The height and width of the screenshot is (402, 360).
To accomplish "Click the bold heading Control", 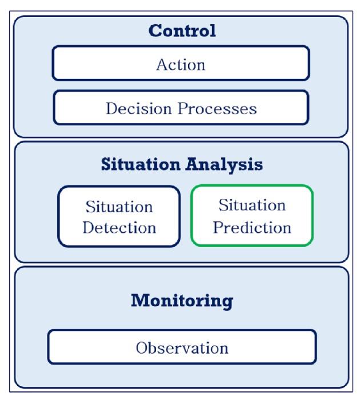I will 182,31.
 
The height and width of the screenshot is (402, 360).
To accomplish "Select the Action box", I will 181,64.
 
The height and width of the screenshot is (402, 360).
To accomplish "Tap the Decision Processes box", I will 181,108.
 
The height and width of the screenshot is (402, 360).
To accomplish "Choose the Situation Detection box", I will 119,217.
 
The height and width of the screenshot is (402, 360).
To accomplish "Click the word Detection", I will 119,228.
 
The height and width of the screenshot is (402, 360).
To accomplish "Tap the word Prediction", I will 252,227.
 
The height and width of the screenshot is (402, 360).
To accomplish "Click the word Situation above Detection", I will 119,206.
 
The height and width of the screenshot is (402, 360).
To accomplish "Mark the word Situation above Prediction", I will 252,205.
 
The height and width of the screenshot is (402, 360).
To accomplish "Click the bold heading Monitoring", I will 182,300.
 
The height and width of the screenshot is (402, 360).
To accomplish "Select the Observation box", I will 182,347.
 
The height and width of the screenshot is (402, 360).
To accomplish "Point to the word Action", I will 181,64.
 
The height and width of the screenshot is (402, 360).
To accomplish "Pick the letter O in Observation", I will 141,347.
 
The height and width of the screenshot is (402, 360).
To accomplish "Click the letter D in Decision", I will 111,108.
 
